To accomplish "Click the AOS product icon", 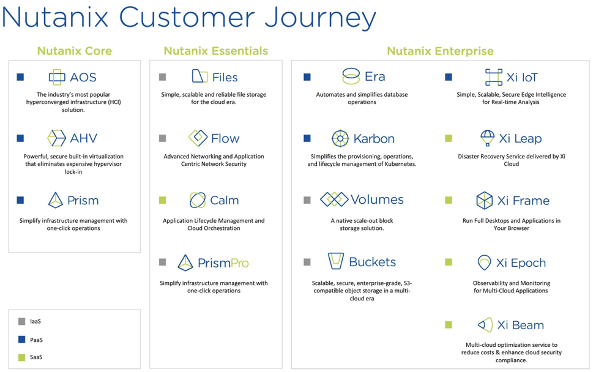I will click(x=57, y=77).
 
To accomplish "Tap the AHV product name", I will click(x=84, y=138).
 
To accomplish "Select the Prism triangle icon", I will click(x=56, y=200).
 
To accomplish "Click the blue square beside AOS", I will click(x=20, y=77).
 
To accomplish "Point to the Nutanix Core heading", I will click(x=74, y=51).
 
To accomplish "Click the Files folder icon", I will click(x=199, y=76).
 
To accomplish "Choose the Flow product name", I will click(x=225, y=138).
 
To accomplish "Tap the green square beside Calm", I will click(x=162, y=200).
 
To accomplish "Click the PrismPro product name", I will click(x=223, y=263).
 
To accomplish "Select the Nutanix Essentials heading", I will click(x=215, y=51).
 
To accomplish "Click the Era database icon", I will click(x=351, y=76).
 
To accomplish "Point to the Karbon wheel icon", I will click(x=340, y=138).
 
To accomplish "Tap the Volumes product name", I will click(x=377, y=199).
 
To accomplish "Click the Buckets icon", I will click(x=336, y=261).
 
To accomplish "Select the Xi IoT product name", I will click(x=522, y=77).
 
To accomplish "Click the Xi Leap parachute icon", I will click(x=487, y=138).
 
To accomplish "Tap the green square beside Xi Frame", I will click(x=449, y=200).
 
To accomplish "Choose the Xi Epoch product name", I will click(x=521, y=263).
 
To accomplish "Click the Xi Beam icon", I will click(x=485, y=325).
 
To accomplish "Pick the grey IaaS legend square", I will click(x=22, y=321).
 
